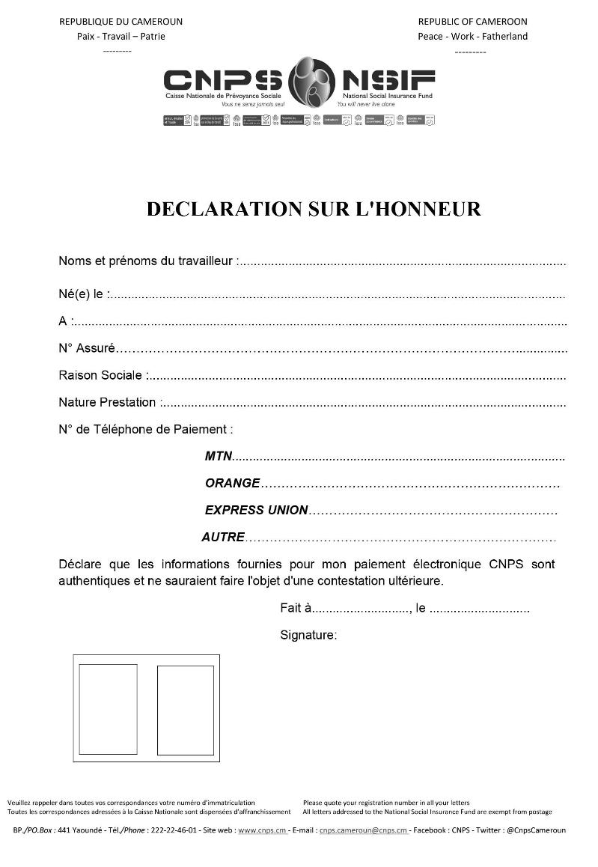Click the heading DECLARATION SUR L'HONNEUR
[314, 209]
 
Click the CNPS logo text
[222, 79]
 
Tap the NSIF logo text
[388, 79]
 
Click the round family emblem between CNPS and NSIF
[311, 82]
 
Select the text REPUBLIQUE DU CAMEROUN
[120, 22]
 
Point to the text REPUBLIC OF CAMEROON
[472, 22]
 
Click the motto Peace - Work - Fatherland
[472, 36]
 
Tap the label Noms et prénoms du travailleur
[146, 261]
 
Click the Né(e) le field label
[82, 294]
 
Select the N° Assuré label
[87, 348]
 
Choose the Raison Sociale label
[101, 375]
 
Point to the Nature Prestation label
[107, 402]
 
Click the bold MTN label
[219, 456]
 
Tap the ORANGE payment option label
[232, 483]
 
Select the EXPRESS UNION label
[256, 510]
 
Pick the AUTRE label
[223, 537]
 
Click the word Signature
[307, 635]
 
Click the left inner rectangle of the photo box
[108, 709]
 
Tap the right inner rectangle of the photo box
[186, 710]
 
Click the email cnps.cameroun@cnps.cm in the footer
[363, 830]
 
